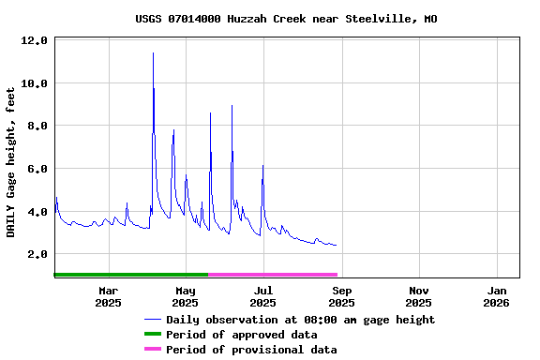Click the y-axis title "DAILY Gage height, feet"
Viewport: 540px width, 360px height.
pos(10,162)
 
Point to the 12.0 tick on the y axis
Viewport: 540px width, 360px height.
pos(35,41)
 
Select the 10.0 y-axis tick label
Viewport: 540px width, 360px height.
pos(35,83)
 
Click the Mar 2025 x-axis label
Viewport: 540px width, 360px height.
pos(108,296)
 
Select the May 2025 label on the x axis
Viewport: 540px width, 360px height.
pos(186,296)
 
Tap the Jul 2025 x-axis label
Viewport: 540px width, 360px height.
pos(263,296)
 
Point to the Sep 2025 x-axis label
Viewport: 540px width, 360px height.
pos(341,296)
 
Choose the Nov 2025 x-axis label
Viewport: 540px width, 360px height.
pos(419,296)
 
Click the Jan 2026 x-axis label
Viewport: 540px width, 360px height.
pos(496,296)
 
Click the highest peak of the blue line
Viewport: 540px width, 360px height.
pos(153,53)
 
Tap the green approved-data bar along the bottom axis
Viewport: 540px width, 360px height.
pos(131,275)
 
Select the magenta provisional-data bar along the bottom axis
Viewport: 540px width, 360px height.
pos(272,275)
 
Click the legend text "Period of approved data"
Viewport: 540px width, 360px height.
pos(241,335)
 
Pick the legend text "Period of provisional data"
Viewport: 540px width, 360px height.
pos(250,350)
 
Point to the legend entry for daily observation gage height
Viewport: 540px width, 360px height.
pos(300,320)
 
